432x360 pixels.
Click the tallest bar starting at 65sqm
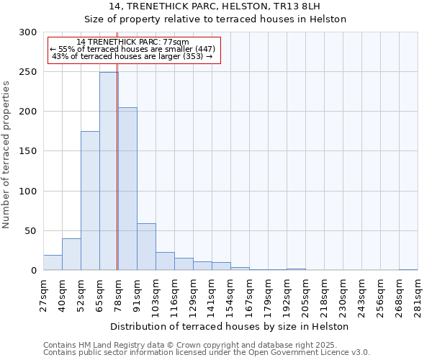(x=109, y=171)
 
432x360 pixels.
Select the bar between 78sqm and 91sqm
(x=127, y=189)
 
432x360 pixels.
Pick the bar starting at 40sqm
(x=71, y=254)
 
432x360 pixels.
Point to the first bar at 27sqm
(x=53, y=263)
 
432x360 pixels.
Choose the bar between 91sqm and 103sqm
(x=146, y=247)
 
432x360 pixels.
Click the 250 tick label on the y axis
(x=27, y=72)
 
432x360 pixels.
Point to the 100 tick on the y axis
(x=27, y=192)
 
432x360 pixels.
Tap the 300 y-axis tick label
(x=27, y=32)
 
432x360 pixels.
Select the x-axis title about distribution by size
(x=230, y=326)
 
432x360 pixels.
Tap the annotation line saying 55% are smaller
(x=132, y=49)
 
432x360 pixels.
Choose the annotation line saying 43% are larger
(x=132, y=56)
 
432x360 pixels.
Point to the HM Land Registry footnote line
(x=205, y=345)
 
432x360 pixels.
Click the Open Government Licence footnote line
(x=207, y=353)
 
